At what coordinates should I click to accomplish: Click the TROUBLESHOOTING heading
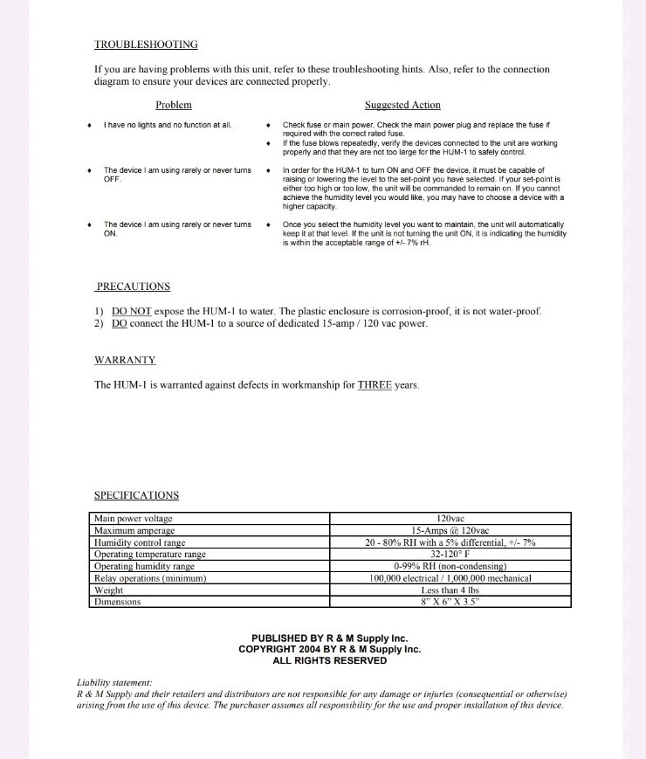coord(146,44)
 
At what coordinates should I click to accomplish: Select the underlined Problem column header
coord(173,105)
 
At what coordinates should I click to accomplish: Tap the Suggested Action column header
coord(402,105)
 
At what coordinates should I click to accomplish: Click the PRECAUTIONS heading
coord(133,286)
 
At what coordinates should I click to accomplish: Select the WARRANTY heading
coord(125,360)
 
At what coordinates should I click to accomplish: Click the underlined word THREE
coord(375,384)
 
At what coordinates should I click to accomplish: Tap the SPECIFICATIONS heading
coord(136,495)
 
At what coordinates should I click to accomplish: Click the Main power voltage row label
coord(134,518)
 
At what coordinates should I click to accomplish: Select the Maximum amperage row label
coord(134,530)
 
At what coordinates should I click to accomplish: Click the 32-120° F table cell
coord(450,554)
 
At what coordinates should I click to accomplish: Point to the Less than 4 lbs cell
coord(450,590)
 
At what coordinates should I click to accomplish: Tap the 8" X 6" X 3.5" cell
coord(450,602)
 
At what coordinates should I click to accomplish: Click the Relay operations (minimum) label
coord(149,577)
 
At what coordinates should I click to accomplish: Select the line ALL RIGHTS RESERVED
coord(329,661)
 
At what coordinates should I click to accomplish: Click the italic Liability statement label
coord(114,683)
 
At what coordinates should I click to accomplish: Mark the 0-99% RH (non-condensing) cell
coord(450,566)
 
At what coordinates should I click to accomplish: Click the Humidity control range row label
coord(140,542)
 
